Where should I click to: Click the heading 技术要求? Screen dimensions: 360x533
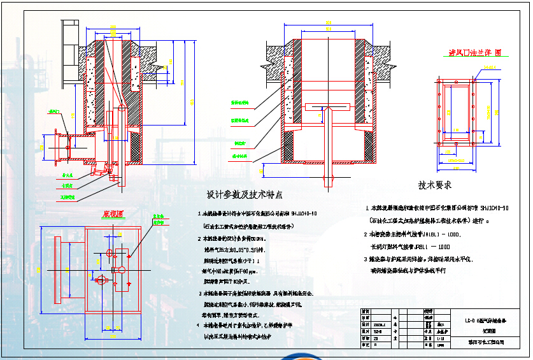click(x=435, y=185)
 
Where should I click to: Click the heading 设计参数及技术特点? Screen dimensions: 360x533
click(x=245, y=194)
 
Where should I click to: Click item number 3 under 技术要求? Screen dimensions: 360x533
click(x=368, y=260)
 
